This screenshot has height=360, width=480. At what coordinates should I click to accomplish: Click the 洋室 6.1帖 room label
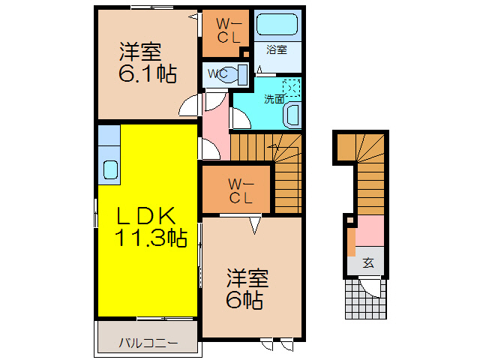pyautogui.click(x=145, y=63)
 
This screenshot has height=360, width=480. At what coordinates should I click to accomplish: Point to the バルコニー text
pyautogui.click(x=147, y=343)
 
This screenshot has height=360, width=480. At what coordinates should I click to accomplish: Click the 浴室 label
pyautogui.click(x=277, y=50)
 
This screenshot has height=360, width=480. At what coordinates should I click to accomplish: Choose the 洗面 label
pyautogui.click(x=273, y=98)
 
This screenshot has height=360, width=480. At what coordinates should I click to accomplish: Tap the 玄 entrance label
pyautogui.click(x=368, y=262)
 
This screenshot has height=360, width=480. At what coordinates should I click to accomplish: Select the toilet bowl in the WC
pyautogui.click(x=238, y=74)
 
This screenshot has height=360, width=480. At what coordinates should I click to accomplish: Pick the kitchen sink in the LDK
pyautogui.click(x=109, y=170)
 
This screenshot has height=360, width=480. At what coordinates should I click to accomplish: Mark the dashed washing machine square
pyautogui.click(x=292, y=88)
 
